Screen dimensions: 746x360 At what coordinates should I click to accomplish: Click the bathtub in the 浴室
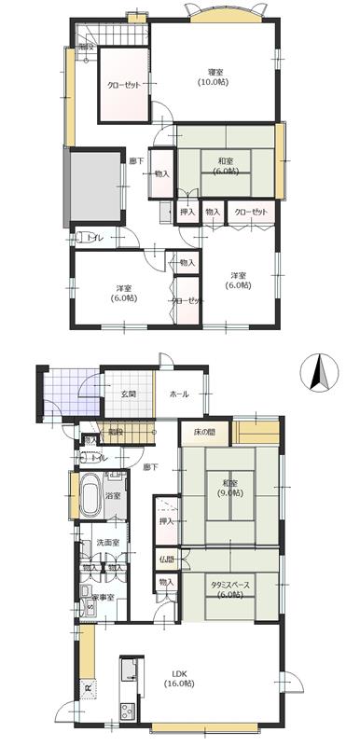tap(90, 497)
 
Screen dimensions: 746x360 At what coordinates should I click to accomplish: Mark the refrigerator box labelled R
tap(87, 691)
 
